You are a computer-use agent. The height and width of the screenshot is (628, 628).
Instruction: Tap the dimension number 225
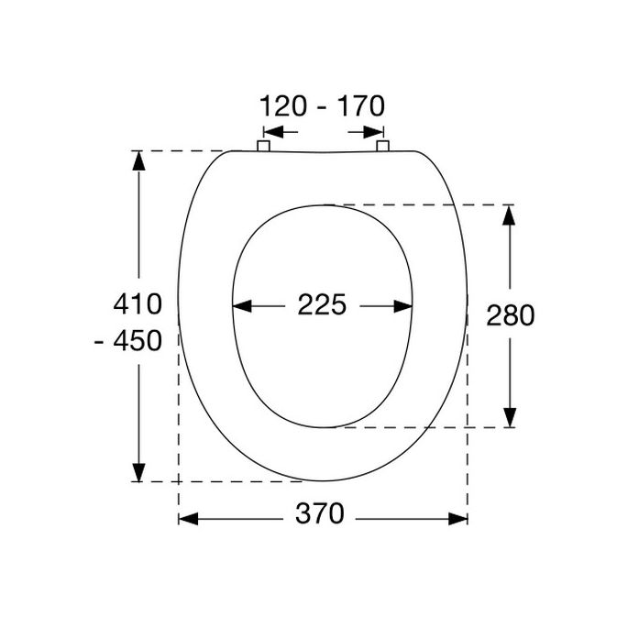click(322, 304)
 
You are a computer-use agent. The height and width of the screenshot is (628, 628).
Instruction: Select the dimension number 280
click(511, 315)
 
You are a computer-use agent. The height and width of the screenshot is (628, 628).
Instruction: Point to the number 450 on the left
click(138, 341)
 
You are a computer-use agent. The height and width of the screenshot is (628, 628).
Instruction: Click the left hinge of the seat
click(262, 146)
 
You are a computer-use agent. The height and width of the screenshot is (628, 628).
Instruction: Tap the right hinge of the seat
click(382, 146)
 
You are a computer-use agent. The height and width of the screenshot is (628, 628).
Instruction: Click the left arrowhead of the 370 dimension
click(187, 519)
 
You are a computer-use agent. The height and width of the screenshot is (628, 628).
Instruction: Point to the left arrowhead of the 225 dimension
click(242, 306)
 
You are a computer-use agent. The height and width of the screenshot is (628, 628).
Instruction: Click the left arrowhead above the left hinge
click(262, 130)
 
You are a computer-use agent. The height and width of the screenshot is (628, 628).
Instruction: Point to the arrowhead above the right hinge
click(382, 130)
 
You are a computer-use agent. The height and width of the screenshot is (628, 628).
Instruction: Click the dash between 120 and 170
click(322, 109)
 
